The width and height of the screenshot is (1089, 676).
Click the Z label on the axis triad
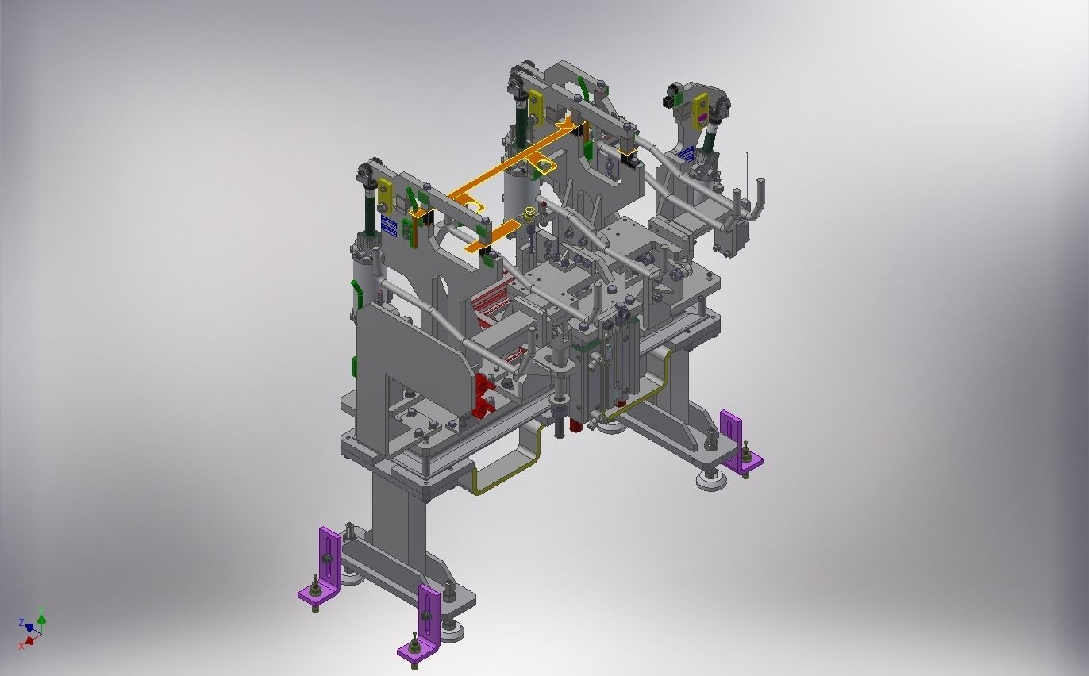click(x=21, y=623)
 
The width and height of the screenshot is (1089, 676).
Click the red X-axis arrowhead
click(x=30, y=640)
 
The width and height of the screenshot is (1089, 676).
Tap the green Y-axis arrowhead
click(x=41, y=620)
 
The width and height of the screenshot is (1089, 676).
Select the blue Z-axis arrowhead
click(x=29, y=628)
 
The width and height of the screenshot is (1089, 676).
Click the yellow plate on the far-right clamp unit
click(x=700, y=110)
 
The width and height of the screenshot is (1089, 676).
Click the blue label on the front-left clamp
click(x=388, y=226)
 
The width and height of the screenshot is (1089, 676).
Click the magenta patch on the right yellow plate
click(x=701, y=119)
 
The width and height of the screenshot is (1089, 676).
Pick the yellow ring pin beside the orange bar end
click(x=529, y=213)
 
